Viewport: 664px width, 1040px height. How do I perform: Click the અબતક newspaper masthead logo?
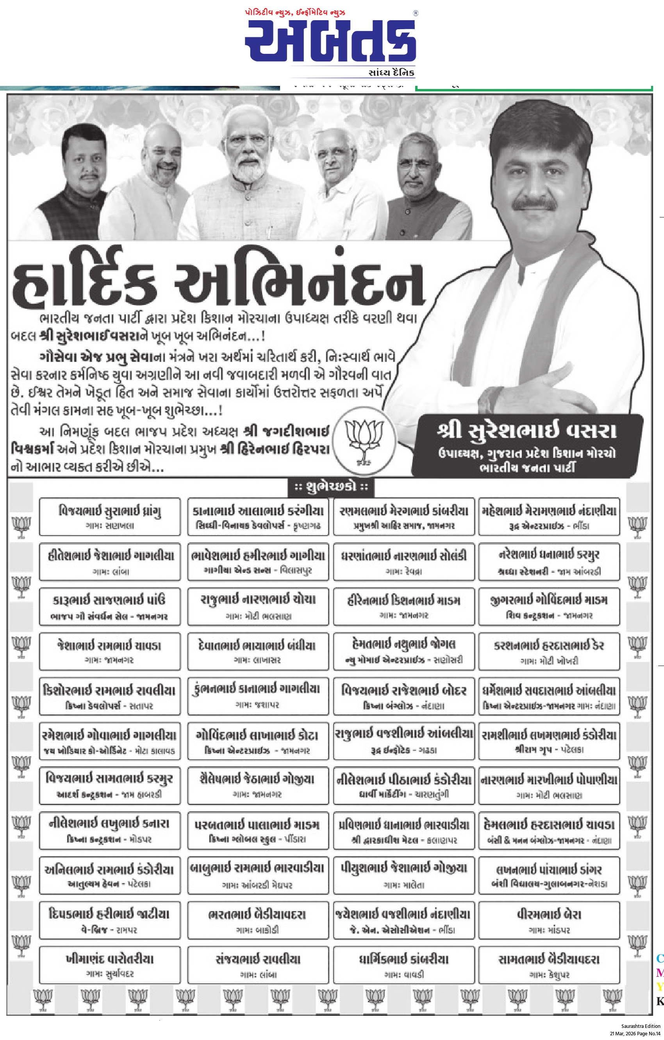tap(330, 41)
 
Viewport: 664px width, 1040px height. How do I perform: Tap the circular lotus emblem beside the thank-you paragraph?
tap(364, 441)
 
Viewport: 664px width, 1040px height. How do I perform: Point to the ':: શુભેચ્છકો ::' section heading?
tap(331, 487)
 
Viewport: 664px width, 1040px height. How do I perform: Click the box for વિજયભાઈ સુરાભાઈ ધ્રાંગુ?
tap(110, 516)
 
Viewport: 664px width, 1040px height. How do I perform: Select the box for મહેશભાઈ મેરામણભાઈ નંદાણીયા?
tap(549, 516)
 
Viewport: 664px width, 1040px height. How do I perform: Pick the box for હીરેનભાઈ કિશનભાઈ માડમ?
tap(404, 606)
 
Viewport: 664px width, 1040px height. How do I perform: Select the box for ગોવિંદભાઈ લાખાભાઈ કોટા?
tap(258, 741)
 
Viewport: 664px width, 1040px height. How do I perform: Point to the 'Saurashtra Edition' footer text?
tap(641, 1026)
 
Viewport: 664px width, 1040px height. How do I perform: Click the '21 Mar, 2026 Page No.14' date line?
tap(635, 1033)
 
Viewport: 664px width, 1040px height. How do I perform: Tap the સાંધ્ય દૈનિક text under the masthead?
tap(391, 72)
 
